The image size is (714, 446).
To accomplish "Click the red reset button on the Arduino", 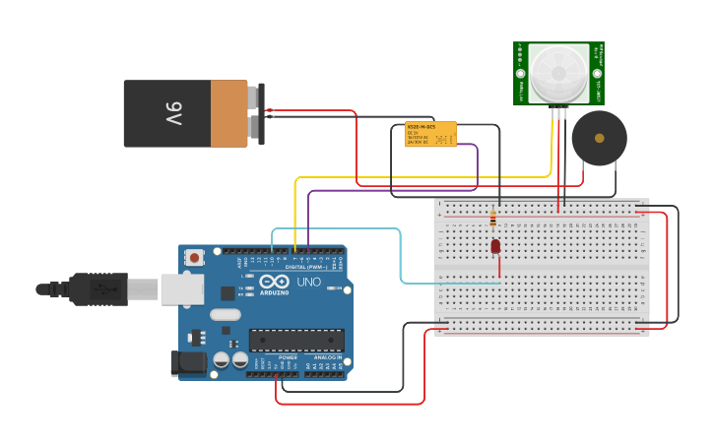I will point(195,258).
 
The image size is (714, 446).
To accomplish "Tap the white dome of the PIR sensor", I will point(558,74).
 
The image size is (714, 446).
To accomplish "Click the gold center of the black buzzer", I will point(599,138).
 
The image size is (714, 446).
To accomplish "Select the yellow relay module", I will point(430,135).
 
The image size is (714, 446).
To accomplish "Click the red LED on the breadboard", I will point(494,246).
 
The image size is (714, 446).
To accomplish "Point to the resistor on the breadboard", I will point(492,218).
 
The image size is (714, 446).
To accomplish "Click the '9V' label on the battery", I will point(174,113).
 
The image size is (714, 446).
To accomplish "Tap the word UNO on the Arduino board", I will point(309,283).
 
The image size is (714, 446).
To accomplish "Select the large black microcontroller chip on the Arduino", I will point(295,341).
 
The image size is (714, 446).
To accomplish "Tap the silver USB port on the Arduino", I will point(182,288).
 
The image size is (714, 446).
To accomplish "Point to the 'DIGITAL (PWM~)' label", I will point(307,268).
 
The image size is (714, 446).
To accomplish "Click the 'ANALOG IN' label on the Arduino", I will point(328,357).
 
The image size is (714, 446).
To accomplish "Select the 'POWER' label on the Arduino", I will point(287,357).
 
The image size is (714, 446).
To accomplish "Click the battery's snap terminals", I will point(258,113).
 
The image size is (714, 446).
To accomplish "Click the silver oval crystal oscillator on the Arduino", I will point(225,315).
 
